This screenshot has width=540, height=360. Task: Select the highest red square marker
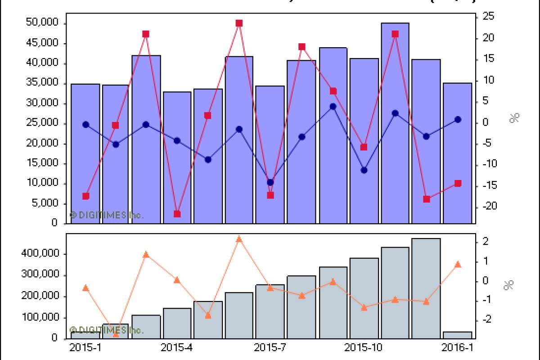pos(239,23)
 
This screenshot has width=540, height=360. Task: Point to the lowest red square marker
pos(177,214)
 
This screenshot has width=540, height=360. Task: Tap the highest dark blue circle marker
pos(333,107)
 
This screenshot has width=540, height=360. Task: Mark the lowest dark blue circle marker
pos(270,182)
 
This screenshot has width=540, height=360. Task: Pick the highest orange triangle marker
pos(239,239)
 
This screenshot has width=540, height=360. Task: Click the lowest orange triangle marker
pos(116,334)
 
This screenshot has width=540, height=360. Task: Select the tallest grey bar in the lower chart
pos(426,288)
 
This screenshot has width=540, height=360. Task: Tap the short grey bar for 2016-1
pos(457,335)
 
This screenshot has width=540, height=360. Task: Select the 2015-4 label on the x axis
pos(176,348)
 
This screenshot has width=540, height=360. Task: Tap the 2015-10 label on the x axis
pos(364,348)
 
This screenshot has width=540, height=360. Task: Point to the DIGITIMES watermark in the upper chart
pos(107,215)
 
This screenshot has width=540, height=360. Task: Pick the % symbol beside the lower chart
pos(509,285)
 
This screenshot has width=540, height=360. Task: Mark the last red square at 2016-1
pos(458,183)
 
